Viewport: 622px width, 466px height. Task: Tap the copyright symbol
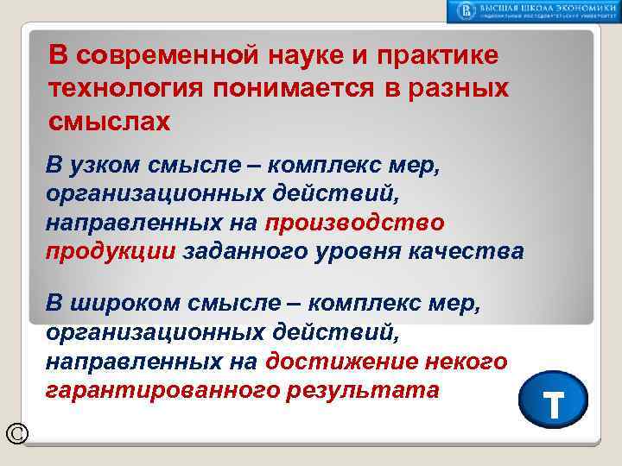[16, 434]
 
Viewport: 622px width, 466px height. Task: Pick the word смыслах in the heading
[110, 122]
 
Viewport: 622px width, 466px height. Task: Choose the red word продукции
[111, 251]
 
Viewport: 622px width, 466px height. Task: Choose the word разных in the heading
[461, 89]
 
